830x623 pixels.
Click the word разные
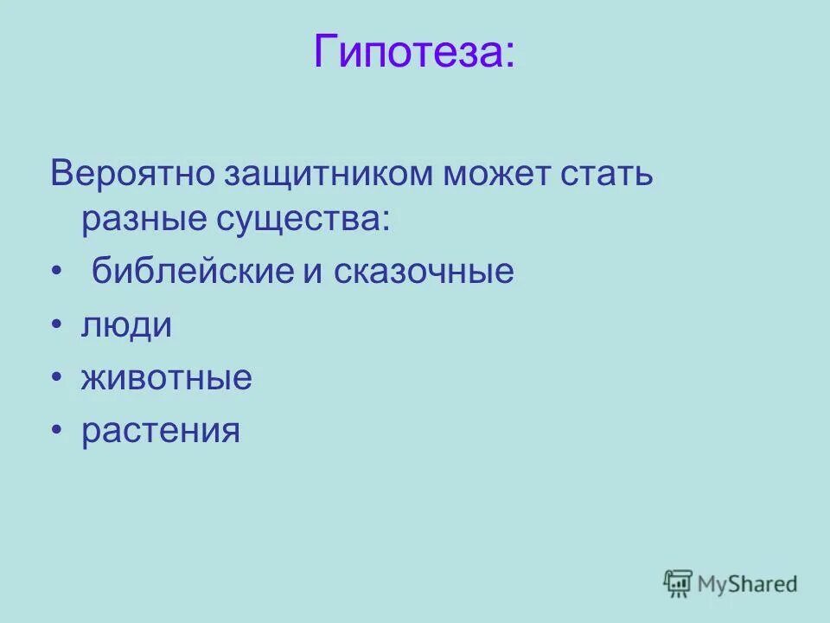tap(142, 219)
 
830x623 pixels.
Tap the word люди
tap(126, 325)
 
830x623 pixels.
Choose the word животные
tap(166, 378)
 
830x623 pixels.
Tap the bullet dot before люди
tap(56, 326)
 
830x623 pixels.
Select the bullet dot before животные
tap(56, 379)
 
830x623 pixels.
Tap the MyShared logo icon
tap(679, 583)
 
